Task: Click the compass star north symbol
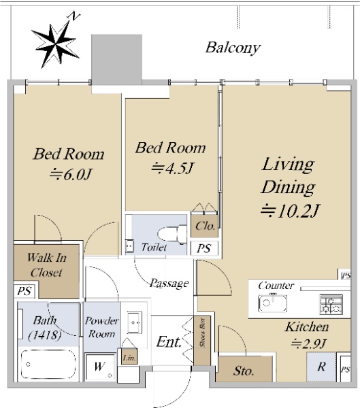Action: point(55,44)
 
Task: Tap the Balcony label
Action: point(233,48)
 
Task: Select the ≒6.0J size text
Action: point(70,174)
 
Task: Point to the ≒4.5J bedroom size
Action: point(173,168)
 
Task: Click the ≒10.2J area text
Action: point(290,211)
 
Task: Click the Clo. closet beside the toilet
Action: point(205,226)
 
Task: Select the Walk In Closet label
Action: point(47,265)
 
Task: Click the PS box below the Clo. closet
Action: point(204,248)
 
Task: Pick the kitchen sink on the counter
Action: point(272,303)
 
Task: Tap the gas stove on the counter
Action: point(331,304)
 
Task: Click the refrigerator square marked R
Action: point(321,367)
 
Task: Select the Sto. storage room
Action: point(244,369)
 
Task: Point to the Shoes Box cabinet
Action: point(202,341)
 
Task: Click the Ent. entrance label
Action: point(169,341)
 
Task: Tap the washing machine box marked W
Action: point(100,367)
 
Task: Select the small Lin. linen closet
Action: point(129,356)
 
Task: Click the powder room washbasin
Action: point(135,322)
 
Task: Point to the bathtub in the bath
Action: point(48,364)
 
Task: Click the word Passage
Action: point(169,283)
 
